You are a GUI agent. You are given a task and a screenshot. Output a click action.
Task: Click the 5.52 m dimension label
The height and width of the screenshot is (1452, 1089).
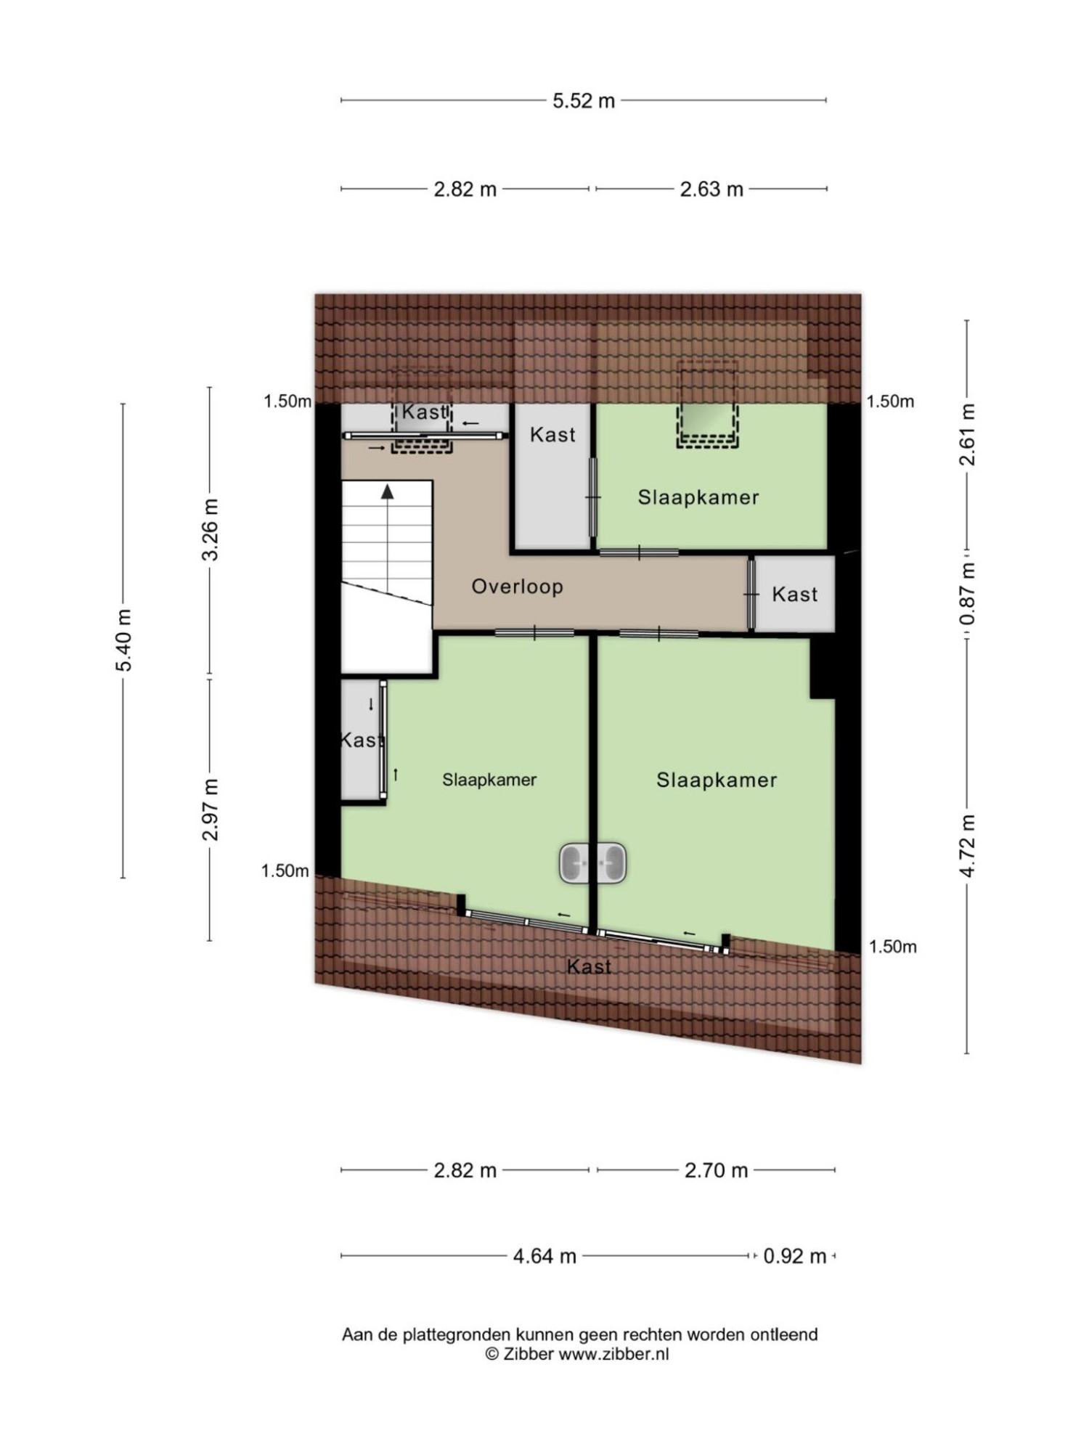584,100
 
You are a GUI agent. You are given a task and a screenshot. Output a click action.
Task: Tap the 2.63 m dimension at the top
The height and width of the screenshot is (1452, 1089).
711,189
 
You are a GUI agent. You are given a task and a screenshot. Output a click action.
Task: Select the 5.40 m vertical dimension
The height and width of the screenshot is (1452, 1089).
124,640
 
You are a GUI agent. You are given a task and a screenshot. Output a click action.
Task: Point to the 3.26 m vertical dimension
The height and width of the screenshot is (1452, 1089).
211,530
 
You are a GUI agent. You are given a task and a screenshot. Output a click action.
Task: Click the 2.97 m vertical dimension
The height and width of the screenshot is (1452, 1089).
211,809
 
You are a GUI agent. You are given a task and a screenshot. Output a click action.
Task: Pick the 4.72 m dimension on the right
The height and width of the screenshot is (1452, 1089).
968,846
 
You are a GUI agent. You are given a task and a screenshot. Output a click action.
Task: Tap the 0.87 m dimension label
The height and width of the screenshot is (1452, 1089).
968,595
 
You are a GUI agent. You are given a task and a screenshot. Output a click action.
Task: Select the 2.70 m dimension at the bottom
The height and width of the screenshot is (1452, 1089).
716,1170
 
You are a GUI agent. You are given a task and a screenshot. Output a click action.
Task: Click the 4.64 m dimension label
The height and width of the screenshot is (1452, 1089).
544,1256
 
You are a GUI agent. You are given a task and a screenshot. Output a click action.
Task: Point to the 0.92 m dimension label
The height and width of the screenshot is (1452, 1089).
795,1256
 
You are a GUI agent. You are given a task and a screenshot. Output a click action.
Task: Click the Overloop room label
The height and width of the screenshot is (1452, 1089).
518,587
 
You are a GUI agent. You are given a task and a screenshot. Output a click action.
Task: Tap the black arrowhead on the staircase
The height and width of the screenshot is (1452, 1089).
388,492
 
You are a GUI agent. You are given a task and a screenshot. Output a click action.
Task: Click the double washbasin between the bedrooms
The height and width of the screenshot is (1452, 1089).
592,863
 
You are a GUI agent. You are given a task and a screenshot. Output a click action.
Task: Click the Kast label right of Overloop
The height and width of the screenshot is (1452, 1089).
795,595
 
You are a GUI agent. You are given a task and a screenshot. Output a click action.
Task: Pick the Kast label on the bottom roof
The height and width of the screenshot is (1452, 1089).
589,967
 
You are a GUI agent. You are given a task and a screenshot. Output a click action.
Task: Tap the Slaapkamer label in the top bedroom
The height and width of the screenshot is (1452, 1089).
698,498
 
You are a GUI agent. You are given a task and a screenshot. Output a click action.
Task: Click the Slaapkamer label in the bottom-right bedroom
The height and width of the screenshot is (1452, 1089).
717,780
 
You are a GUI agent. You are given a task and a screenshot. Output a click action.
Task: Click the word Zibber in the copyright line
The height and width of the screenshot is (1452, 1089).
529,1354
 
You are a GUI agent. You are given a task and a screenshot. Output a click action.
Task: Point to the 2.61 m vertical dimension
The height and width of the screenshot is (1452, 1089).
968,434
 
